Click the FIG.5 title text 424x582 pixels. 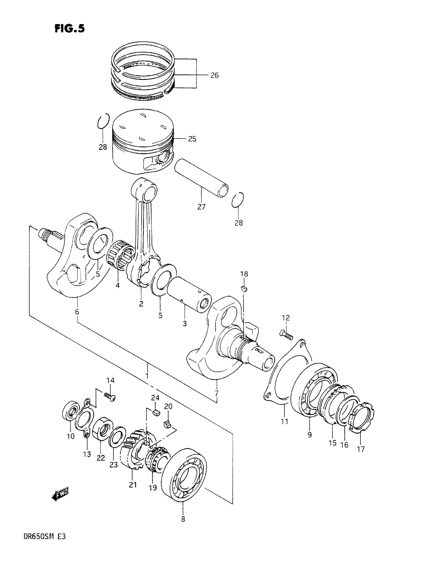point(70,28)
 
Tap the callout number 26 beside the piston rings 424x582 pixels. point(214,75)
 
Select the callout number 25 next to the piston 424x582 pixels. point(192,139)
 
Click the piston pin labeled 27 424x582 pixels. point(201,178)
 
